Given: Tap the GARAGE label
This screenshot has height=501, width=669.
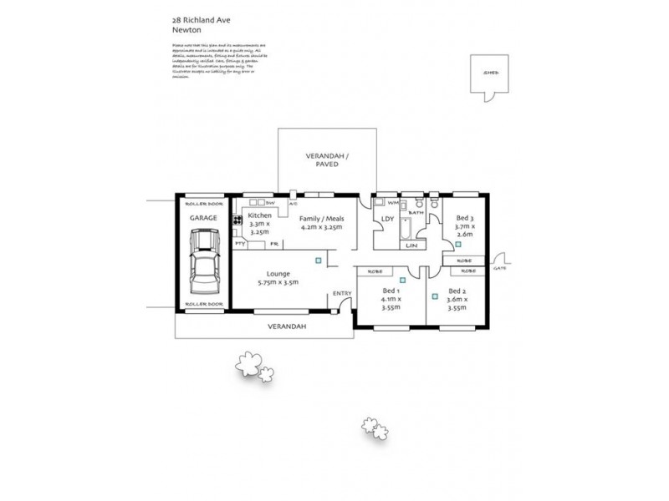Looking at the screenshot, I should pos(203,218).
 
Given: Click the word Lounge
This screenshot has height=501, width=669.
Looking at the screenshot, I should pos(278,273).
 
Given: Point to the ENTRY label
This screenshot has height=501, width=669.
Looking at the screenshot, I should pos(342,293).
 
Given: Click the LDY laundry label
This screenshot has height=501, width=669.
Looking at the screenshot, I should pos(387,220).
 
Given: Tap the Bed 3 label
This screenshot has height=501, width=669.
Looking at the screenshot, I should pos(465,218).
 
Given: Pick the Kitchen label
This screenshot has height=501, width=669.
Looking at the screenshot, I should pos(260,216).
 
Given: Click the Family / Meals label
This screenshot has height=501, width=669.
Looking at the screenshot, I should pos(321,218).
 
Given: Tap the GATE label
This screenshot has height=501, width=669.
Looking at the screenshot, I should pos(500,269).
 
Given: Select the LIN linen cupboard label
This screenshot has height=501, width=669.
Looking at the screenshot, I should pos(410,245).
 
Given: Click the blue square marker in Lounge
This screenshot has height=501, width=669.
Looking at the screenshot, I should pos(318,261).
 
